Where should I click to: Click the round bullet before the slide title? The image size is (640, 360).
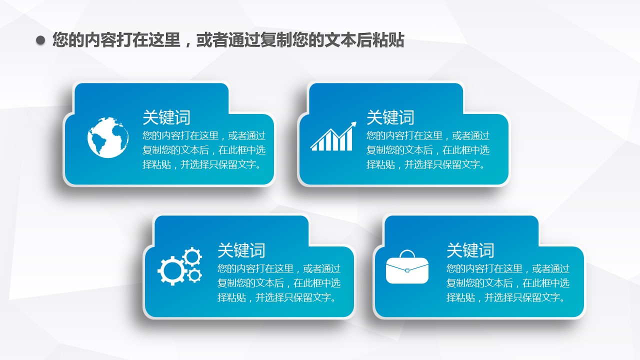click(x=40, y=40)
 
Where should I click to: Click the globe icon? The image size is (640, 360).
click(x=108, y=137)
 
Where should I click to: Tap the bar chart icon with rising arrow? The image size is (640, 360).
click(x=333, y=136)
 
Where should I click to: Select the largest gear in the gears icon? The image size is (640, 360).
click(x=171, y=270)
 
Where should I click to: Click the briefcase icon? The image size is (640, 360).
click(x=407, y=267)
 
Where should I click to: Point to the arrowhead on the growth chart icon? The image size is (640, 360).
click(x=353, y=125)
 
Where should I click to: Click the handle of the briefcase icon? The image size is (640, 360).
click(x=407, y=254)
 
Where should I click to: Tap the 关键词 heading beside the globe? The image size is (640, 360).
click(x=166, y=117)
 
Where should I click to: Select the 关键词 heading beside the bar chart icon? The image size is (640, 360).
click(x=390, y=117)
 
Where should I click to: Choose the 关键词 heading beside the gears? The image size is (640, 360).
click(x=241, y=250)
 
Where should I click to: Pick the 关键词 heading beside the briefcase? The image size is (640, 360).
click(x=470, y=250)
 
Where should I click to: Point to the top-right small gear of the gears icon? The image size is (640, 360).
click(x=192, y=257)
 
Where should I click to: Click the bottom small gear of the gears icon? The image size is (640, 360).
click(x=195, y=275)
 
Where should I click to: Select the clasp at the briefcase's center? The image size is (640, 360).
click(x=407, y=270)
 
